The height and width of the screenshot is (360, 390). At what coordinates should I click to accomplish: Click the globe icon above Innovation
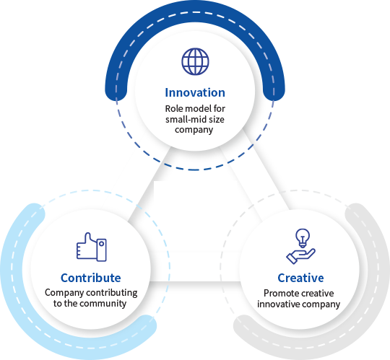[195, 61]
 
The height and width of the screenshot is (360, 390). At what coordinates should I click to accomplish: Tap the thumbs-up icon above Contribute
[92, 247]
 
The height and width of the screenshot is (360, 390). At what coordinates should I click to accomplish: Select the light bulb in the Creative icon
[303, 238]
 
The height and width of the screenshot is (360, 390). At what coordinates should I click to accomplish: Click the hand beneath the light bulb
[300, 256]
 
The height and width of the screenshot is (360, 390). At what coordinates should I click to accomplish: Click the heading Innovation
[195, 92]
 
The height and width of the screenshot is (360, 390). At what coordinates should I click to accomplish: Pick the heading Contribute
[91, 278]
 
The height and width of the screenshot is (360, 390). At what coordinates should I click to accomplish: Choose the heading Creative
[300, 278]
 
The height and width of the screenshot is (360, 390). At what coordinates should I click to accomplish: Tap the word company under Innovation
[194, 130]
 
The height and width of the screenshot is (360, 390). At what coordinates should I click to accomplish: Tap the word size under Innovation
[217, 120]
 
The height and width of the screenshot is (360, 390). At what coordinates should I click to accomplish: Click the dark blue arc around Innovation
[195, 11]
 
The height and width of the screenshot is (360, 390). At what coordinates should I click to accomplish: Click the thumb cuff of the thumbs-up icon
[102, 250]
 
